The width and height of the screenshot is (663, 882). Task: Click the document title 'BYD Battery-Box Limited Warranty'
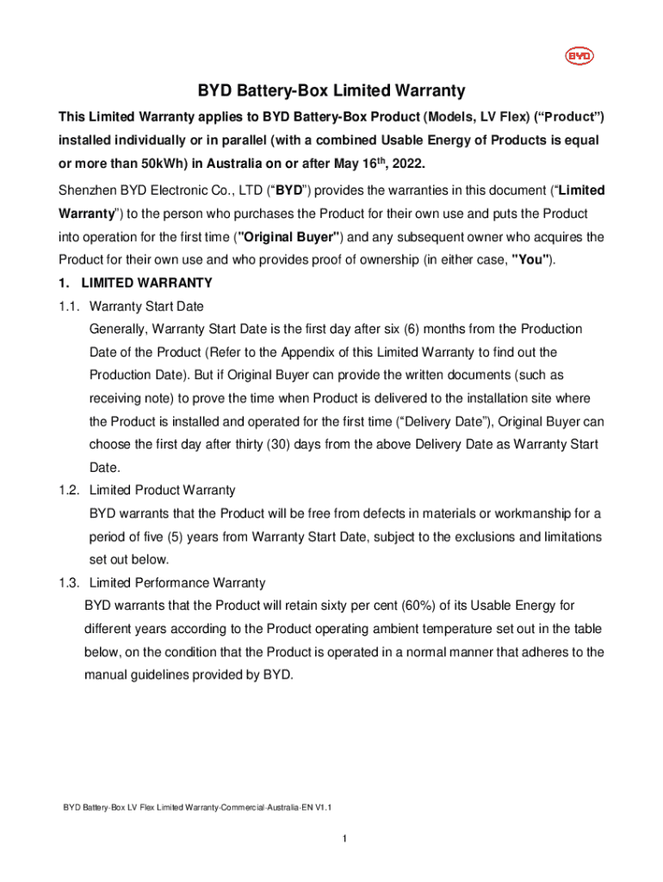point(331,90)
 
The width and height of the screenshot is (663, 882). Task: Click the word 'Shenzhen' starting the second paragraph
point(88,189)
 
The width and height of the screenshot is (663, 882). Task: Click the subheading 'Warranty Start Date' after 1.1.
point(146,306)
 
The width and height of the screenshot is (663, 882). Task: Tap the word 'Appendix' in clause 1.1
point(301,352)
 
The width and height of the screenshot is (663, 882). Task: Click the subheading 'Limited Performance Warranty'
point(177,582)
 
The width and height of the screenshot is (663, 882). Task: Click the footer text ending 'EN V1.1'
point(197,808)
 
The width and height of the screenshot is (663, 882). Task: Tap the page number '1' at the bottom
point(344,839)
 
